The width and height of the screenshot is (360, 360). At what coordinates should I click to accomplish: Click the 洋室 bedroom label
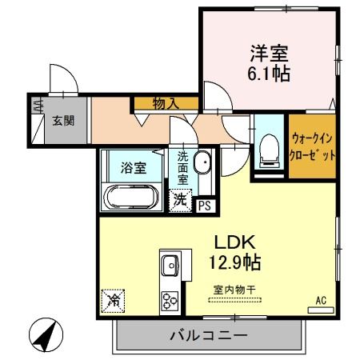(269, 54)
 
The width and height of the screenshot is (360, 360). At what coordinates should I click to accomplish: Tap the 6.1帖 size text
(269, 74)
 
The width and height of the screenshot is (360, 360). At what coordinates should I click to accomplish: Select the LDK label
(235, 242)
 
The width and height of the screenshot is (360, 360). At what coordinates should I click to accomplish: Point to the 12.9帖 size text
(234, 262)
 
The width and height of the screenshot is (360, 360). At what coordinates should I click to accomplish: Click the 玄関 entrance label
(63, 121)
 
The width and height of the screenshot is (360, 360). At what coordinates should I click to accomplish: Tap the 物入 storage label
(166, 103)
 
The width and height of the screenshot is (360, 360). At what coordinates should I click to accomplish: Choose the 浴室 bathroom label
(134, 168)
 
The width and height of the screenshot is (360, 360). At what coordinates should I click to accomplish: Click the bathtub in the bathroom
(131, 198)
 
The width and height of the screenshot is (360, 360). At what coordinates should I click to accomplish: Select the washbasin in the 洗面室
(202, 162)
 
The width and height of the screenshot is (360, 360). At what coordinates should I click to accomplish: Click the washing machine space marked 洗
(181, 200)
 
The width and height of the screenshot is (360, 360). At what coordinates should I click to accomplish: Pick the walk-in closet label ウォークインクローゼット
(312, 147)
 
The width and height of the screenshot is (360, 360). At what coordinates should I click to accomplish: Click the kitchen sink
(170, 265)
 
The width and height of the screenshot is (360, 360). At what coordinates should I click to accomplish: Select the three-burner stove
(170, 301)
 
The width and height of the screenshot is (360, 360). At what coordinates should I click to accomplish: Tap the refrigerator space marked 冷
(114, 301)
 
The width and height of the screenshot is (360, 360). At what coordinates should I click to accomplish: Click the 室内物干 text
(234, 290)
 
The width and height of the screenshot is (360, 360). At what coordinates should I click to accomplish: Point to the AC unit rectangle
(321, 310)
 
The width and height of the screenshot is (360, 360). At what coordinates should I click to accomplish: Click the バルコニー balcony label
(209, 335)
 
